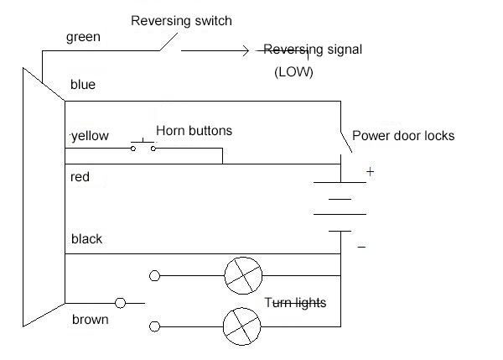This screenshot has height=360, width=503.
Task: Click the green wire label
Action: (x=83, y=39)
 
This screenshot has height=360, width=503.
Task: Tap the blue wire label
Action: (x=83, y=85)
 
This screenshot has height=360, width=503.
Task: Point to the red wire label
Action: (x=80, y=178)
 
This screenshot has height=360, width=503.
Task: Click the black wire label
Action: (x=86, y=239)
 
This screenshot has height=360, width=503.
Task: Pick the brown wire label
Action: (x=90, y=320)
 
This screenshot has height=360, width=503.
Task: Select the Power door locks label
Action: (x=402, y=135)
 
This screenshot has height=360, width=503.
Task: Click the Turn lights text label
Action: (x=296, y=302)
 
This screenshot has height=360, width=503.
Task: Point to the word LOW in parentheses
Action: (x=293, y=73)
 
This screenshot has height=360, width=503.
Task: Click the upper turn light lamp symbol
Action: (x=242, y=274)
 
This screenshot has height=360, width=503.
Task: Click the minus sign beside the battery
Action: (x=362, y=247)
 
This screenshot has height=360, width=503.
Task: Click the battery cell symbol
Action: (x=340, y=205)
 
